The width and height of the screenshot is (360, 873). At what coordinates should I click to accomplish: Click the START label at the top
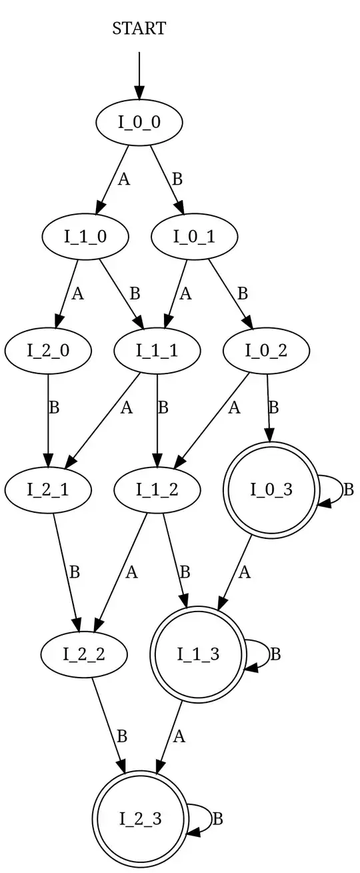tap(139, 29)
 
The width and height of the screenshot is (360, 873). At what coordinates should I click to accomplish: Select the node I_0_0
tap(139, 122)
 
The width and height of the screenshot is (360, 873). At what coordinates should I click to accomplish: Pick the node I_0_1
tap(195, 236)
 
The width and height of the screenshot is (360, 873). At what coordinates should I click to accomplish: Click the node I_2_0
tap(48, 349)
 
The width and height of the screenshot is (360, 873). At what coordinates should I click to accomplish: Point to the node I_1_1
tap(157, 349)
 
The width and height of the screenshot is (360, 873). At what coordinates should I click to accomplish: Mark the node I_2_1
tap(48, 490)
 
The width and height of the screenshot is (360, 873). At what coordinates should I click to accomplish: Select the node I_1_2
tap(157, 490)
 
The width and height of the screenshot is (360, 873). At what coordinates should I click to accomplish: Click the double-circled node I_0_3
tap(271, 490)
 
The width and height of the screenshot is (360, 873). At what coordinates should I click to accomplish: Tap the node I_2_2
tap(85, 654)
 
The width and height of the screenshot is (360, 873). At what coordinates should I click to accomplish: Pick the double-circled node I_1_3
tap(198, 654)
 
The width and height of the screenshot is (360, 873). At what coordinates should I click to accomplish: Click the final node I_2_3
tap(139, 818)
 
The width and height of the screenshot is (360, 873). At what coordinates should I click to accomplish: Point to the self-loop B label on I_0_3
tap(347, 490)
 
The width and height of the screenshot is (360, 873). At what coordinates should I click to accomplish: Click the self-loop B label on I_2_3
tap(217, 818)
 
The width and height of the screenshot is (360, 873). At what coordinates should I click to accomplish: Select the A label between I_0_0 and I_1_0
tap(123, 179)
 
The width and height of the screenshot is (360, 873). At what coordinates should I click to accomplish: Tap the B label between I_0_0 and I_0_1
tap(177, 179)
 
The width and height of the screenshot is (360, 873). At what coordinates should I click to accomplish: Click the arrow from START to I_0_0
tap(139, 75)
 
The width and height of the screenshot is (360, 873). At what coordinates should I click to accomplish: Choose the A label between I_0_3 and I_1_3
tap(245, 572)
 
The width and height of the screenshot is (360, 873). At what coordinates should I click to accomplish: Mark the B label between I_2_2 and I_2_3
tap(121, 737)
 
